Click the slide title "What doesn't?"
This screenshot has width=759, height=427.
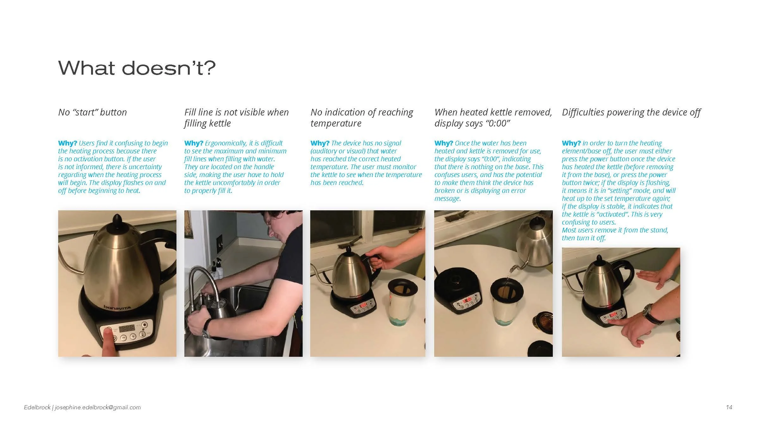[137, 68]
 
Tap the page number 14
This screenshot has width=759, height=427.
[729, 407]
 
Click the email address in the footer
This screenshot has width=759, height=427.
[98, 407]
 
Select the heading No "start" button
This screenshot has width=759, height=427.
[92, 112]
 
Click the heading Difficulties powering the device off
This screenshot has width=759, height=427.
[631, 113]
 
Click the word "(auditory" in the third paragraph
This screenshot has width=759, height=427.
[324, 151]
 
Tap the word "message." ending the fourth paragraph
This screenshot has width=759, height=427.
[447, 199]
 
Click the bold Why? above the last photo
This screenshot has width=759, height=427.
[571, 143]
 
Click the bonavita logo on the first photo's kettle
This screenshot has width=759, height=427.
[117, 307]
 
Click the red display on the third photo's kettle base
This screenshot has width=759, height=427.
[362, 306]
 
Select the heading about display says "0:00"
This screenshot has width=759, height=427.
[493, 118]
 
